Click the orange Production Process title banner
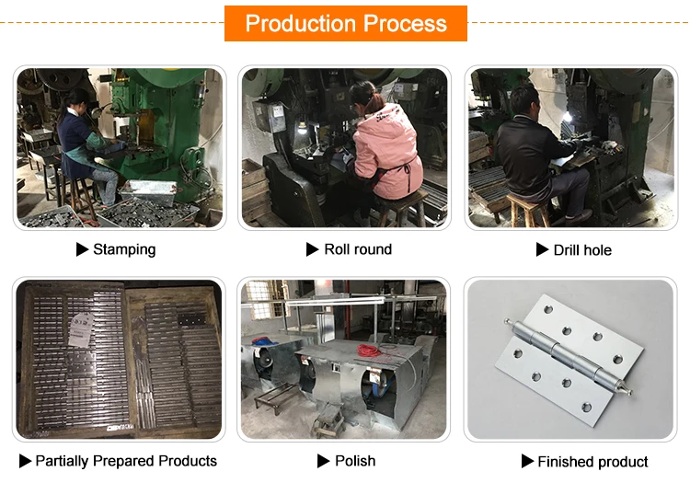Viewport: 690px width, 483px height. (345, 23)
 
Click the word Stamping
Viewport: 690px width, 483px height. (124, 249)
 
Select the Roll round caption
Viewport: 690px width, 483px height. (358, 249)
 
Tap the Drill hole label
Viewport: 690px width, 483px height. (582, 250)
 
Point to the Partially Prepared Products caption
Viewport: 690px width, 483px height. (126, 461)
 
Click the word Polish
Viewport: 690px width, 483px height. (355, 461)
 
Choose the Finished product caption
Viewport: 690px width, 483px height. (592, 462)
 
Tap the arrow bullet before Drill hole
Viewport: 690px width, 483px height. (543, 250)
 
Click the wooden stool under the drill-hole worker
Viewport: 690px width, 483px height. (528, 212)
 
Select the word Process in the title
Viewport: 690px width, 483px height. (402, 23)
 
